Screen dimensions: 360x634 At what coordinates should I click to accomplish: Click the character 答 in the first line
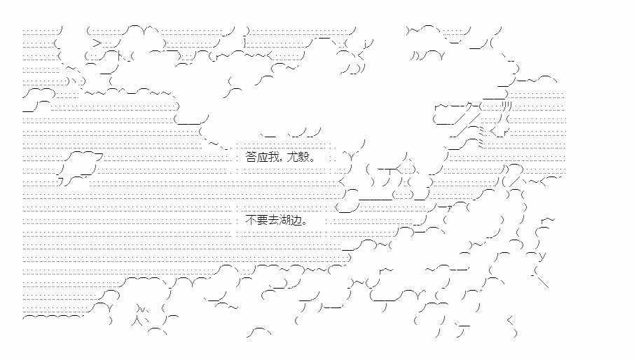click(251, 158)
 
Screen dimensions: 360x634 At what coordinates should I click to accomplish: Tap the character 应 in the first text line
click(263, 158)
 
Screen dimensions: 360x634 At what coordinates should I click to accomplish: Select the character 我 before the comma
click(274, 158)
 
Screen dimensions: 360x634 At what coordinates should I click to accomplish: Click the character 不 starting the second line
click(251, 219)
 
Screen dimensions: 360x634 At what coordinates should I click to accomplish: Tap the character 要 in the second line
click(263, 219)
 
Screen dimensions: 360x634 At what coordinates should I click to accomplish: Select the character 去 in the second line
click(274, 219)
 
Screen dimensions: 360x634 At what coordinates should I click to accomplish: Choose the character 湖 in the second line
click(285, 219)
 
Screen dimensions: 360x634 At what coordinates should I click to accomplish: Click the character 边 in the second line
click(296, 219)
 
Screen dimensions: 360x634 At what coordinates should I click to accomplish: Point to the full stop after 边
click(305, 222)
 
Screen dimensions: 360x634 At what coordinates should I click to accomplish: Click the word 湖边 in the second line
click(291, 219)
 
